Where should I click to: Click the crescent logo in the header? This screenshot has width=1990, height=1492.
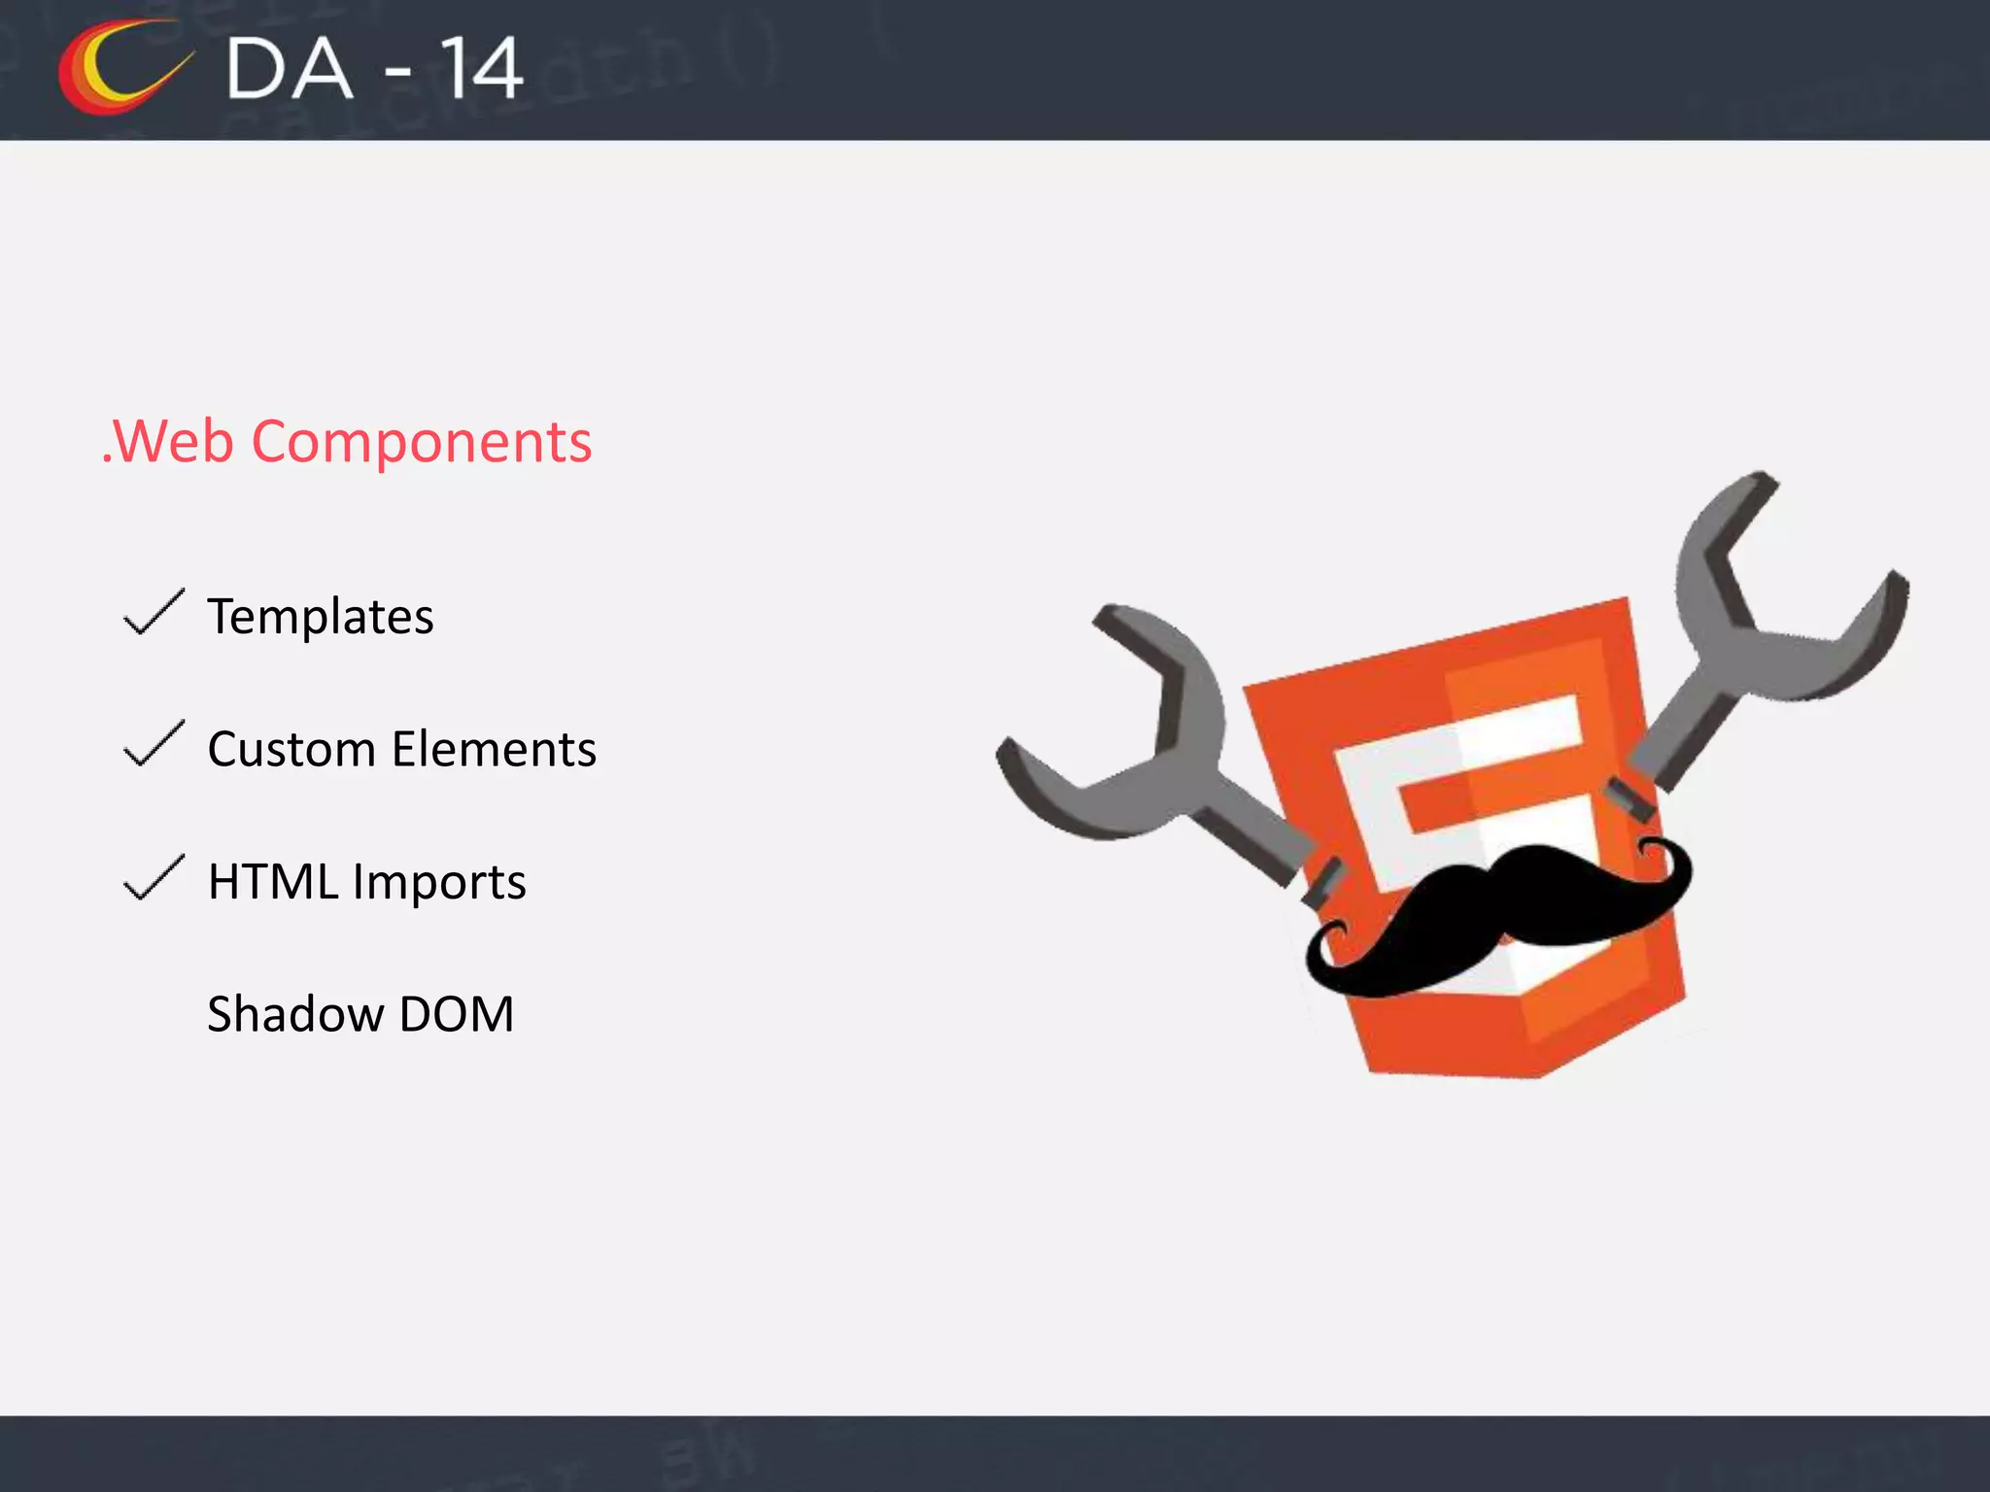117,68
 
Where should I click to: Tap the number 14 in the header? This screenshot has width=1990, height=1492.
481,69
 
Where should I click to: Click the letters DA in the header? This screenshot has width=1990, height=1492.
289,70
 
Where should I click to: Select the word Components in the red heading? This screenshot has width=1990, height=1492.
421,443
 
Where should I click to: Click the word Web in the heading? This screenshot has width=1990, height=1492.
175,442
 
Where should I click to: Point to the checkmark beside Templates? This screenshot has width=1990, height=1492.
154,613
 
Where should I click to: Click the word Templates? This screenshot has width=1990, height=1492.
321,617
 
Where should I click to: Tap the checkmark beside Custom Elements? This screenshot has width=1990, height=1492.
154,745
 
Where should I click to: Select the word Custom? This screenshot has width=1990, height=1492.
292,749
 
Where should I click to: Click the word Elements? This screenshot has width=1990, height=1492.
495,749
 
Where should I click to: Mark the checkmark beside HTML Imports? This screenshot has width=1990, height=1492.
154,878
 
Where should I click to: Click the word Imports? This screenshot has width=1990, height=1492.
439,883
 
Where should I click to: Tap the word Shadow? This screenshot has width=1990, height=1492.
295,1014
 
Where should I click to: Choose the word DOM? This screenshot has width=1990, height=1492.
457,1014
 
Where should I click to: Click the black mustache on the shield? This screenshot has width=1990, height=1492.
1496,913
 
